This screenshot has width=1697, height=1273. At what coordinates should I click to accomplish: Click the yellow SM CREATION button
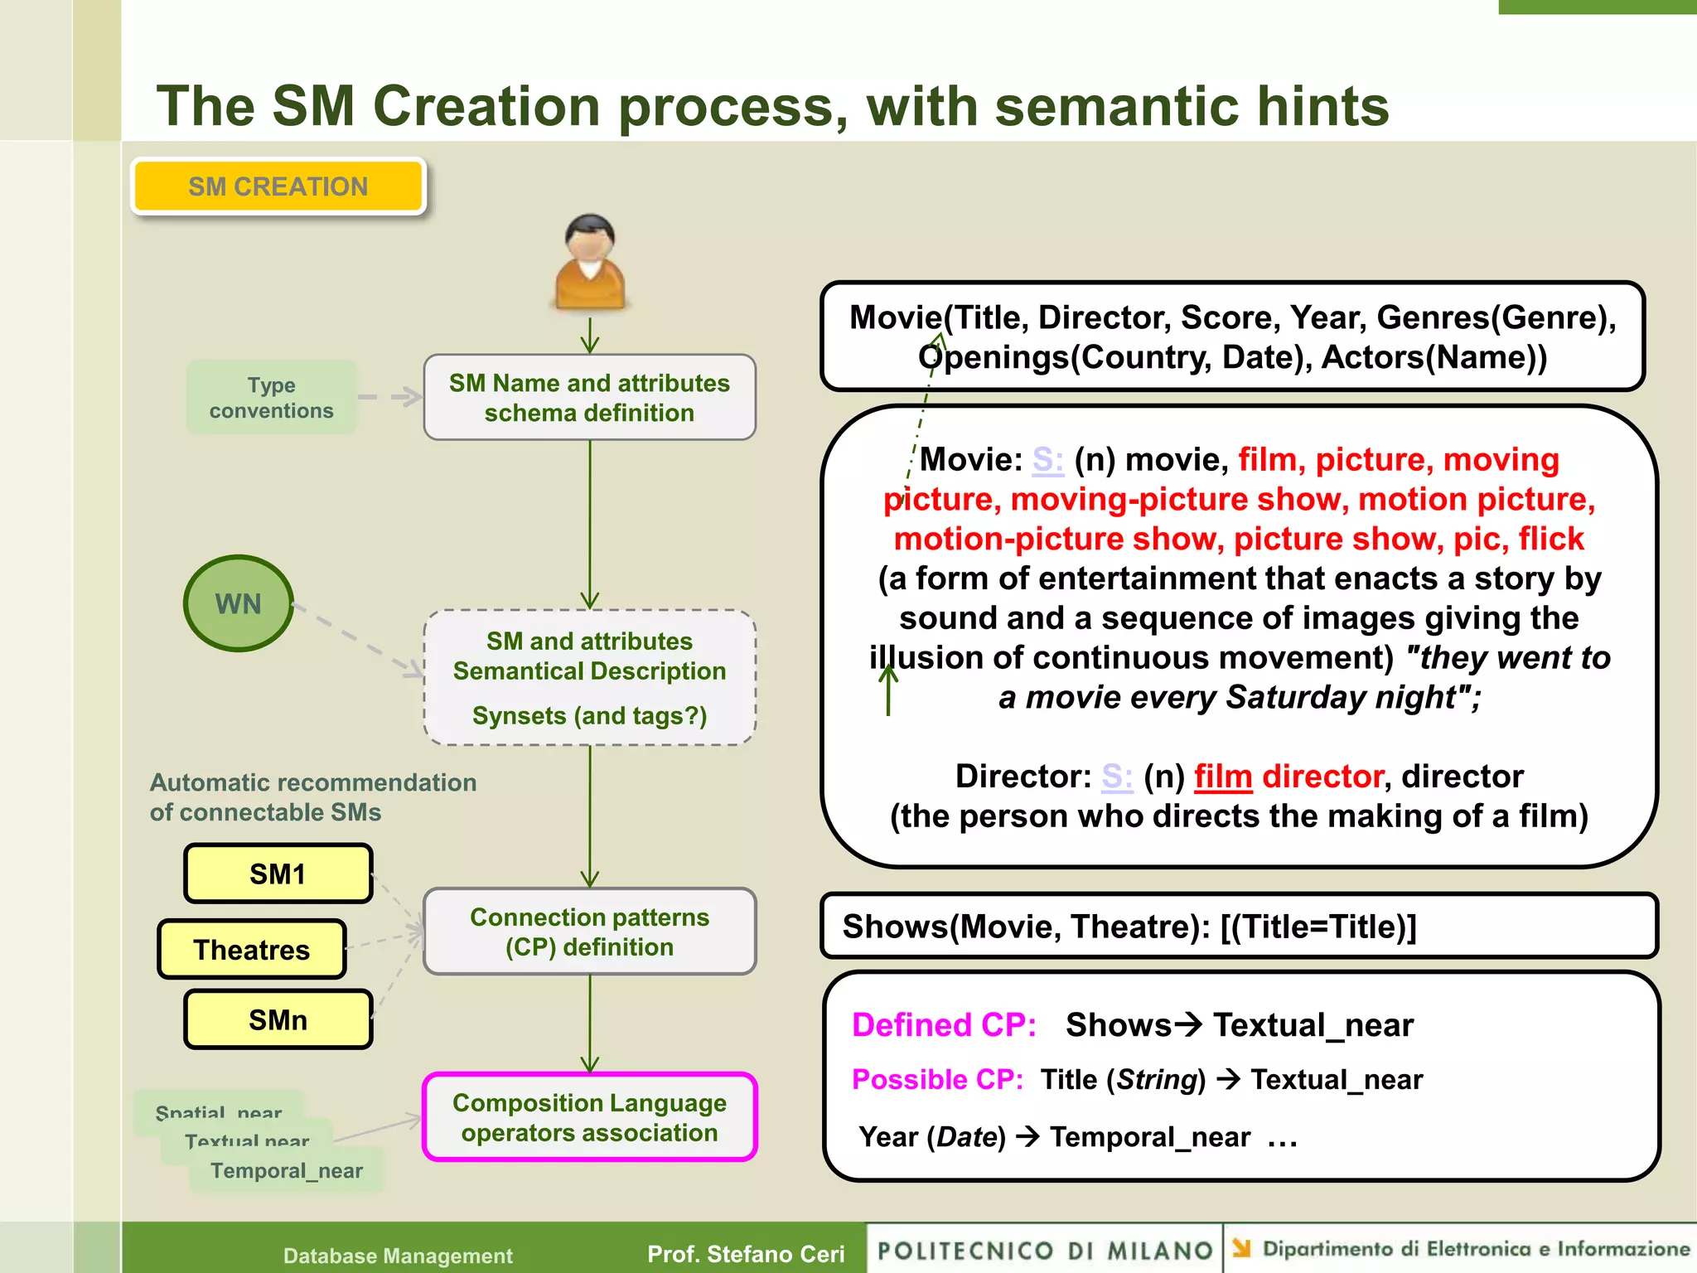tap(278, 186)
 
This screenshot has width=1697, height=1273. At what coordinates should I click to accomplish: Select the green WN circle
tap(239, 603)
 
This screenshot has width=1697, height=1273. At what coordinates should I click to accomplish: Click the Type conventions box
tap(271, 398)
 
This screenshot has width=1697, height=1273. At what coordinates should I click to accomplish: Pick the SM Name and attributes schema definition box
tap(589, 398)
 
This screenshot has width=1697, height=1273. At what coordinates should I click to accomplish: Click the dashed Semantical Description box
tap(589, 677)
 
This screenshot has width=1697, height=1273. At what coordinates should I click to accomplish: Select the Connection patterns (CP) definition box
tap(589, 932)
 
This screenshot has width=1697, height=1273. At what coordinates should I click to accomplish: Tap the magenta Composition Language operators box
tap(589, 1117)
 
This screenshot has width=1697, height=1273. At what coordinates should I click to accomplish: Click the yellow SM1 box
tap(278, 874)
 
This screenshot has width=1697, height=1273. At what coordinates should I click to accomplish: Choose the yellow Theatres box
tap(251, 949)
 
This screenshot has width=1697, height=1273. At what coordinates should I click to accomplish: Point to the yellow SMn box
tap(278, 1019)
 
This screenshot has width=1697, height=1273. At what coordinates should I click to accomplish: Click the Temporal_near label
tap(286, 1170)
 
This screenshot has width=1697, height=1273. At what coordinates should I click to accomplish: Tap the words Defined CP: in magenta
tap(944, 1025)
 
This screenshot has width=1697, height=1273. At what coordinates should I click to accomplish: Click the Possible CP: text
tap(937, 1079)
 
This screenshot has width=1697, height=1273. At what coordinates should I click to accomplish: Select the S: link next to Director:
tap(1116, 777)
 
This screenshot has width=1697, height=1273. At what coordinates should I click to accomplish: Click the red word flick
tap(1551, 539)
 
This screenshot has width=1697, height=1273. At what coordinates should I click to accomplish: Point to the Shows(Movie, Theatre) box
tap(1238, 926)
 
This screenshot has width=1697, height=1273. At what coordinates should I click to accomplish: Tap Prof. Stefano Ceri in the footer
tap(746, 1254)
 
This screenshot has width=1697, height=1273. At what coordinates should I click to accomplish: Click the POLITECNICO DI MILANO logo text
tap(1044, 1250)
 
